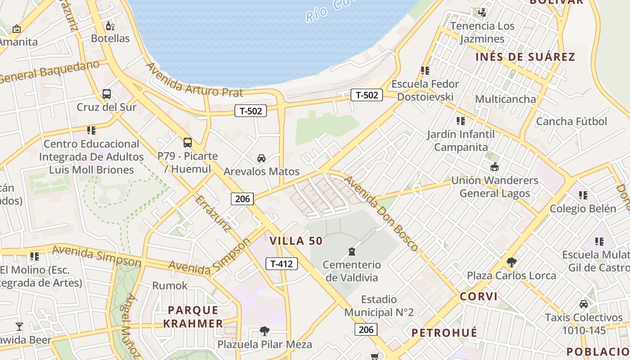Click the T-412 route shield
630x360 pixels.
click(282, 264)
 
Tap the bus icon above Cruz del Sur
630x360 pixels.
click(107, 94)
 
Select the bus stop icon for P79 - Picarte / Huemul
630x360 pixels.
click(188, 143)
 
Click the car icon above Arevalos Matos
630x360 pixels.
click(261, 158)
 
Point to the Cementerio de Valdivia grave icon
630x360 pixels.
click(352, 252)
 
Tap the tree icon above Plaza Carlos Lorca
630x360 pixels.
click(511, 262)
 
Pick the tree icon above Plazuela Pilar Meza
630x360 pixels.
click(265, 331)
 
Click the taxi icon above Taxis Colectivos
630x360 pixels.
click(584, 304)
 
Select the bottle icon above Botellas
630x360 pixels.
click(110, 26)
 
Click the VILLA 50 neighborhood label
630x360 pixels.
click(296, 241)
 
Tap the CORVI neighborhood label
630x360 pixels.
click(479, 297)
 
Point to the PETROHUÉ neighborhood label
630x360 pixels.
click(444, 333)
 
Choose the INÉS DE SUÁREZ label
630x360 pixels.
click(525, 57)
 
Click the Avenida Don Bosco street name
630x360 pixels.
click(381, 213)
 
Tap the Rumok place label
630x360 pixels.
click(170, 286)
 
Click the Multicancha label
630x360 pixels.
click(505, 99)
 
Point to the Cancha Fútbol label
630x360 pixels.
click(571, 121)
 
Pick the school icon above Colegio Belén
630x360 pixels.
click(583, 195)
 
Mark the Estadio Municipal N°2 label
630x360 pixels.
click(379, 306)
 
